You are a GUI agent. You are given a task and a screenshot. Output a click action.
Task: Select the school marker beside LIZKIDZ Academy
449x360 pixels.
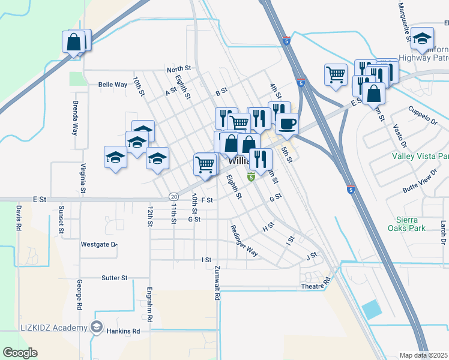click(x=96, y=328)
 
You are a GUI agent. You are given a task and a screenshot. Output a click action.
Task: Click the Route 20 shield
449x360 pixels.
click(x=173, y=196)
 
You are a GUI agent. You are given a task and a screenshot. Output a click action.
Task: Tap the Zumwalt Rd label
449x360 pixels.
click(x=217, y=283)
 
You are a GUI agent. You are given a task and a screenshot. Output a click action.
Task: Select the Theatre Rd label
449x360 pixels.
click(x=316, y=284)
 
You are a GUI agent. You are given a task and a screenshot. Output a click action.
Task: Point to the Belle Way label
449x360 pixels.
click(x=113, y=85)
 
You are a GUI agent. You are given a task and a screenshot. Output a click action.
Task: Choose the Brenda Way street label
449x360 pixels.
click(x=75, y=118)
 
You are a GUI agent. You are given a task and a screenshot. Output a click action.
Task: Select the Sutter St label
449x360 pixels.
click(x=114, y=278)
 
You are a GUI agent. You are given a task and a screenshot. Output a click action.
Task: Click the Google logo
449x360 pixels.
click(x=20, y=353)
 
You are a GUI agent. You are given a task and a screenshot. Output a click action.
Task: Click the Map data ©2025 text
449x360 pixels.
click(x=423, y=355)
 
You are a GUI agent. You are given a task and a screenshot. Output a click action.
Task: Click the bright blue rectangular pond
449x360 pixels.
click(x=372, y=310)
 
